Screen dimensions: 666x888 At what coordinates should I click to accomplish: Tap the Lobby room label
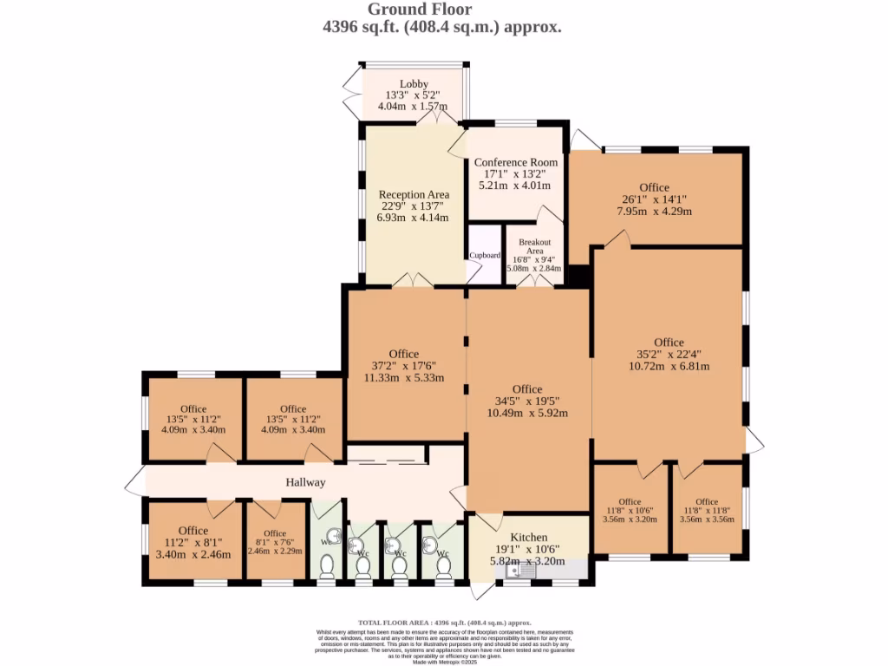point(414,83)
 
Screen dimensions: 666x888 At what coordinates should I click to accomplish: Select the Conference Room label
point(516,162)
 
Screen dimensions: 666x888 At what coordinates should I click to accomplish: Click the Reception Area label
point(414,194)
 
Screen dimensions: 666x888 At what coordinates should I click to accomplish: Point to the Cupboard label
point(485,256)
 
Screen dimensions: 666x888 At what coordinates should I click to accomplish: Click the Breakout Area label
point(535,246)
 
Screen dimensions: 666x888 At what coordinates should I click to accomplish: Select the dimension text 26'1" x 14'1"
point(654,199)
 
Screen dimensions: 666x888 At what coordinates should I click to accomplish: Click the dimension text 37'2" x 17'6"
point(403,366)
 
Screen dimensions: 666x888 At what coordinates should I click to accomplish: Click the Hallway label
point(306,482)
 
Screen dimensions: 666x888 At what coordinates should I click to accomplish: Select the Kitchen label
point(528,538)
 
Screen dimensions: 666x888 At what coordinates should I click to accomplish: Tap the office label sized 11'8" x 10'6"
point(630,501)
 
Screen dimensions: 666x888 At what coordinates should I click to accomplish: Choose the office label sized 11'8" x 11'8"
point(707,501)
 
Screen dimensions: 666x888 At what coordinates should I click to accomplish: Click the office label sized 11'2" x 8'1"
point(193,531)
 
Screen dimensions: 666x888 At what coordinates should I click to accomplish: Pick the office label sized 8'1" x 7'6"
point(275,533)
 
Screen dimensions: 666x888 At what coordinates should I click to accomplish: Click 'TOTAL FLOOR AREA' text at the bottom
point(395,623)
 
